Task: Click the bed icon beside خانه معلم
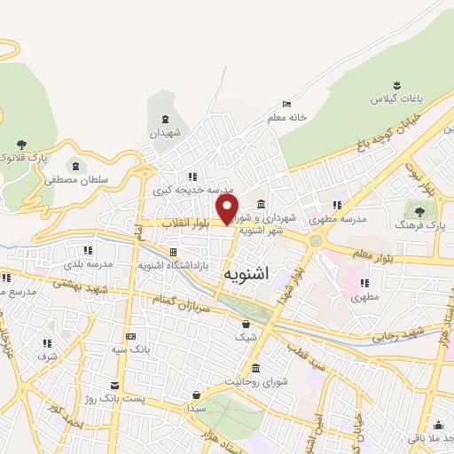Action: coord(286,104)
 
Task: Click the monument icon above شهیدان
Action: coord(165,120)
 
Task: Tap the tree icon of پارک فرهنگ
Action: coord(418,212)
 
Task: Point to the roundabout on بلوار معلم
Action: coord(315,241)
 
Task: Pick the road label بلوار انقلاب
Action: coord(189,225)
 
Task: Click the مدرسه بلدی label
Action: coord(88,264)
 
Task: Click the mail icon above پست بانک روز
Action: coord(114,385)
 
